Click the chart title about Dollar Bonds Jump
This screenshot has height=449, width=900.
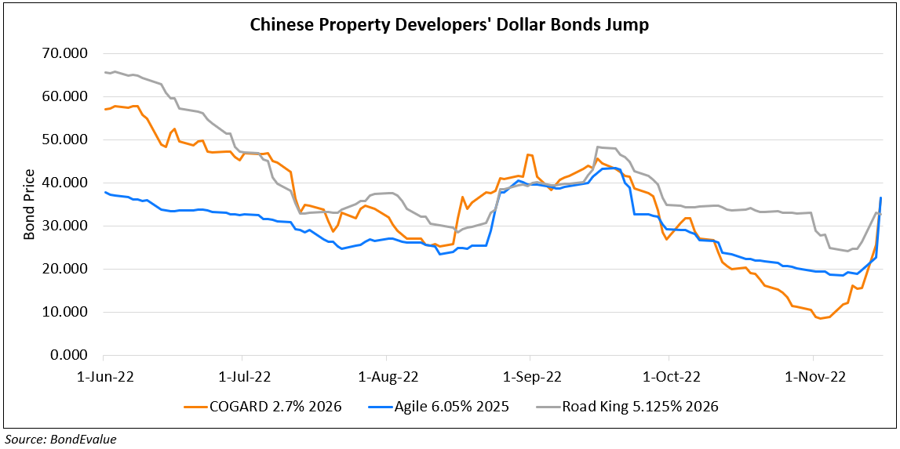pyautogui.click(x=450, y=25)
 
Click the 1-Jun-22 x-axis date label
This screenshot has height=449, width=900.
pyautogui.click(x=105, y=376)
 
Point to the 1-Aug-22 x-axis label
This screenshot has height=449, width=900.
pyautogui.click(x=388, y=376)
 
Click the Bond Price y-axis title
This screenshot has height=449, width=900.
pyautogui.click(x=29, y=205)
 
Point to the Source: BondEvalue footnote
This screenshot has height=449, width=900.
pyautogui.click(x=61, y=439)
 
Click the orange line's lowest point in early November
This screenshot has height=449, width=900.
pyautogui.click(x=821, y=318)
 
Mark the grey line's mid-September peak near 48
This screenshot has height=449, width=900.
pyautogui.click(x=598, y=147)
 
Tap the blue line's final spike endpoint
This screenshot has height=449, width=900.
pyautogui.click(x=880, y=197)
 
